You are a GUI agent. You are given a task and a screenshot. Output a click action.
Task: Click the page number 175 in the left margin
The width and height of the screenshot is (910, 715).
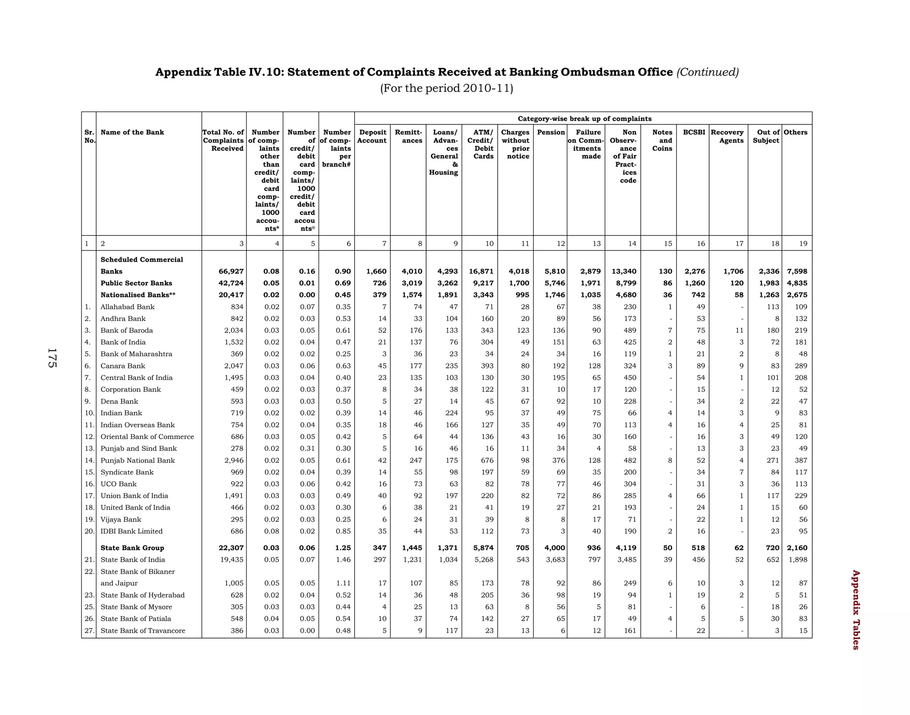point(52,358)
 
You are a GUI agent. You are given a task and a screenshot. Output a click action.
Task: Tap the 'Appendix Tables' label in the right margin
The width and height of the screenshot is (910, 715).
point(855,610)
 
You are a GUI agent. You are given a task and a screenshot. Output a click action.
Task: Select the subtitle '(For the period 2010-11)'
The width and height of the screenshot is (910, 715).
point(447,88)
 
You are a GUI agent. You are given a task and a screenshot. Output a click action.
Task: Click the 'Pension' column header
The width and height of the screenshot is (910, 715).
point(551,132)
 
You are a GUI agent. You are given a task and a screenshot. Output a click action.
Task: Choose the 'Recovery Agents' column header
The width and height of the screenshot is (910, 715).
point(727,136)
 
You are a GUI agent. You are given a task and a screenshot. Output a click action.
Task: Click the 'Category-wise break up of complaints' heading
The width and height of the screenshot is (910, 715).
point(585,119)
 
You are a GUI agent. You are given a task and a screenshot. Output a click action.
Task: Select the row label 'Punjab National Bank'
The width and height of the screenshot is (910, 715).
point(138,460)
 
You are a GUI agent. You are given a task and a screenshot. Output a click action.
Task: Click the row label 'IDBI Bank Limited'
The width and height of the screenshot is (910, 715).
point(132,531)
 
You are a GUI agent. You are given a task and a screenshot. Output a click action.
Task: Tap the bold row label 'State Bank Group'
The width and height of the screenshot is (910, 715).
point(132,548)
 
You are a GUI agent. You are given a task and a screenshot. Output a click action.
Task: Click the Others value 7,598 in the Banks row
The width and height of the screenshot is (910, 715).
point(797,272)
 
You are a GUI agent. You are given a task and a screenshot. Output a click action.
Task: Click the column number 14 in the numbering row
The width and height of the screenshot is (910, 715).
point(632,244)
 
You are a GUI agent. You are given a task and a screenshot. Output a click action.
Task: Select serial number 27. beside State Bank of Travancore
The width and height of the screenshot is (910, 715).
point(89,631)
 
